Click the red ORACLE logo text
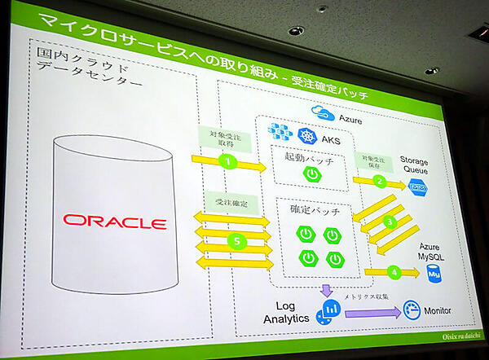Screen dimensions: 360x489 [115, 222]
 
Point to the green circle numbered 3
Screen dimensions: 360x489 [390, 220]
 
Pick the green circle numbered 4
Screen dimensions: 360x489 [394, 271]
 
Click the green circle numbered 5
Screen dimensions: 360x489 [234, 242]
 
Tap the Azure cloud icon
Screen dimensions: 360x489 [319, 114]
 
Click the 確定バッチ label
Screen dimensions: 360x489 [311, 211]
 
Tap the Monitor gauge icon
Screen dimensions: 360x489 [412, 311]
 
